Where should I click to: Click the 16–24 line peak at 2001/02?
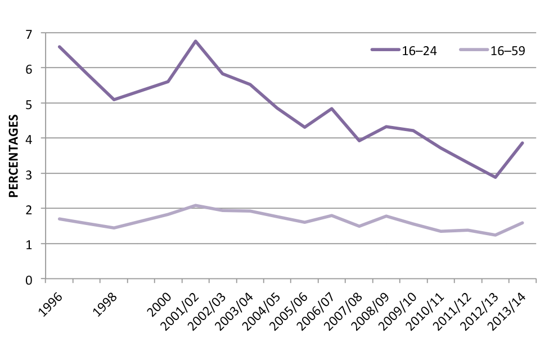[x=195, y=41]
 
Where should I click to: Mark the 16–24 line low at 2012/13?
[x=496, y=177]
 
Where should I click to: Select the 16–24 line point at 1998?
[x=114, y=100]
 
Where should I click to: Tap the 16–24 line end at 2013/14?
[x=523, y=143]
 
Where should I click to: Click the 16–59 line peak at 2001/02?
[x=195, y=205]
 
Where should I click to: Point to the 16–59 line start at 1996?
[x=59, y=219]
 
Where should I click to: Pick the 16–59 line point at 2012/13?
[x=496, y=235]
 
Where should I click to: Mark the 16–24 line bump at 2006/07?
[x=332, y=109]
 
